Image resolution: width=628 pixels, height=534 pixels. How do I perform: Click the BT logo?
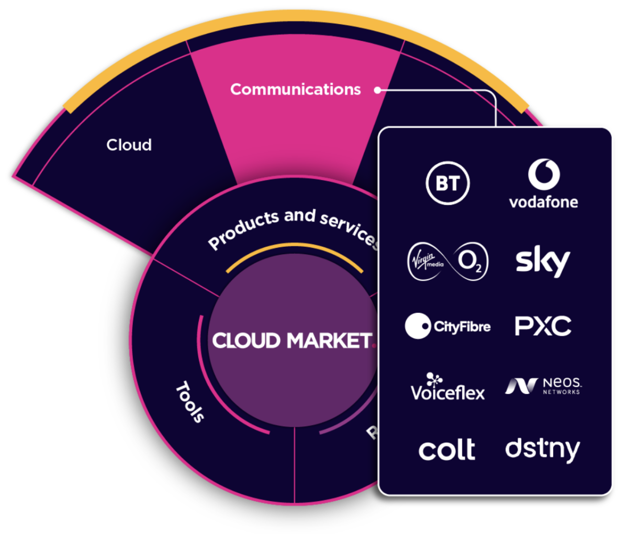(x=447, y=184)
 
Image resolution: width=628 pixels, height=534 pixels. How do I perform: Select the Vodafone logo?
(x=543, y=184)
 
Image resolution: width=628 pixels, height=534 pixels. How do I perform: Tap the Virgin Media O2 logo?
(x=448, y=261)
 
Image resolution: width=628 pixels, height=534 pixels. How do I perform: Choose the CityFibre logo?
(x=448, y=326)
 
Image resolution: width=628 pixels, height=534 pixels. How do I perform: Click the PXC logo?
(x=543, y=326)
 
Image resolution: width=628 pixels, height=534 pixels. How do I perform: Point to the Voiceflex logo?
(x=448, y=388)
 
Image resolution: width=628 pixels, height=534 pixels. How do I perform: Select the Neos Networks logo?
(x=543, y=386)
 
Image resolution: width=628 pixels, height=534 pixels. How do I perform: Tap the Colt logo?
(x=447, y=449)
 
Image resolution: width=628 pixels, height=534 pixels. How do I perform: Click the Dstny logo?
(x=543, y=449)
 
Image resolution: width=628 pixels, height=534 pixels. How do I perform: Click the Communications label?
(x=296, y=89)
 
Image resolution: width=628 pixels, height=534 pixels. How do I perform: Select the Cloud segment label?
(x=129, y=145)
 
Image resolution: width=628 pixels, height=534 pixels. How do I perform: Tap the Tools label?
(x=190, y=402)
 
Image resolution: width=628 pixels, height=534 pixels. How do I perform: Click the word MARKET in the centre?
(x=330, y=341)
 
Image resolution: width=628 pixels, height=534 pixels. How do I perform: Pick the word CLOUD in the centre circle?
(x=246, y=341)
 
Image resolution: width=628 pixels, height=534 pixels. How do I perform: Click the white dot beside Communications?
(x=377, y=90)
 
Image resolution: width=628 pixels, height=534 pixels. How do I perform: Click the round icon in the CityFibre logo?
(x=418, y=326)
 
